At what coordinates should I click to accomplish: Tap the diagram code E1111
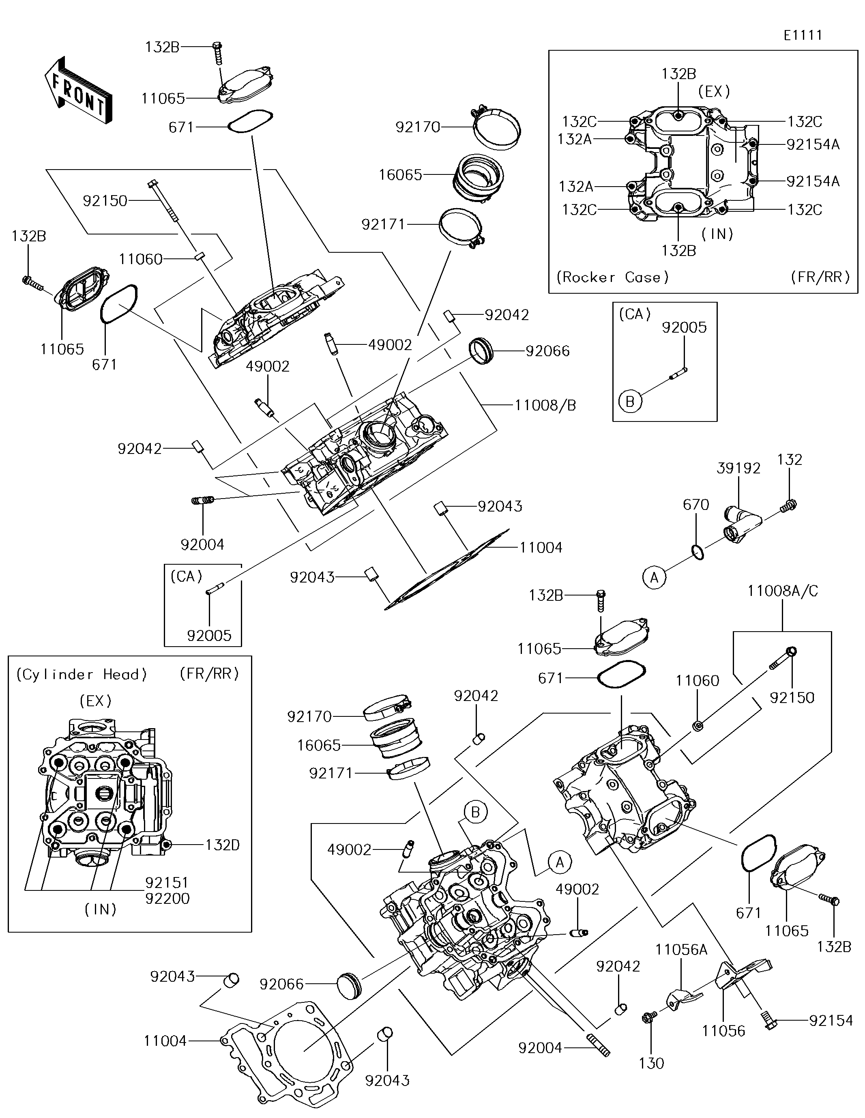point(803,35)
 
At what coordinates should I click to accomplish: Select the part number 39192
point(738,468)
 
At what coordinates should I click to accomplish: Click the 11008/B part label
point(545,405)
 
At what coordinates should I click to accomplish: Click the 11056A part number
point(681,950)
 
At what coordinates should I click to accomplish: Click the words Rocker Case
point(612,277)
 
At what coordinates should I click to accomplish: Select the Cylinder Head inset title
point(82,674)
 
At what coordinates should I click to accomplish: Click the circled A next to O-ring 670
point(654,577)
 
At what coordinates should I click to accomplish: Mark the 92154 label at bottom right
point(831,1020)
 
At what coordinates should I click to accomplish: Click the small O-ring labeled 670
point(697,553)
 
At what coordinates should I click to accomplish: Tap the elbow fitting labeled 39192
point(739,523)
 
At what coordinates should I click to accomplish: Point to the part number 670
point(695,505)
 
